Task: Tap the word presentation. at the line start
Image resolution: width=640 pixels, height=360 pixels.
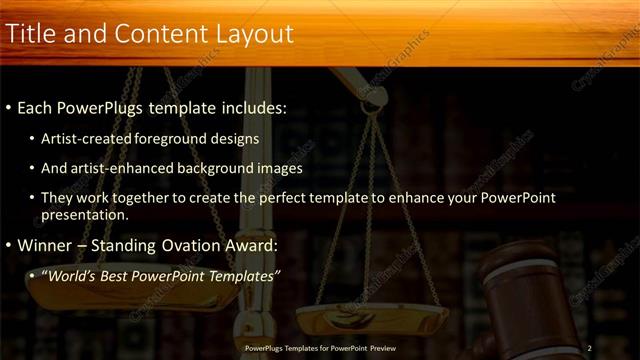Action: pyautogui.click(x=85, y=214)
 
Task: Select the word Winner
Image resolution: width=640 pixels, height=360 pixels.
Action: pyautogui.click(x=44, y=244)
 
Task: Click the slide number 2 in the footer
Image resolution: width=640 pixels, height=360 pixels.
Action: pyautogui.click(x=590, y=347)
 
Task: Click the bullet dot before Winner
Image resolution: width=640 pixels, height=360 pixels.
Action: pyautogui.click(x=9, y=245)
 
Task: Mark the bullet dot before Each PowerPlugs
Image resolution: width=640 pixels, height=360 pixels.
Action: pyautogui.click(x=9, y=106)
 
